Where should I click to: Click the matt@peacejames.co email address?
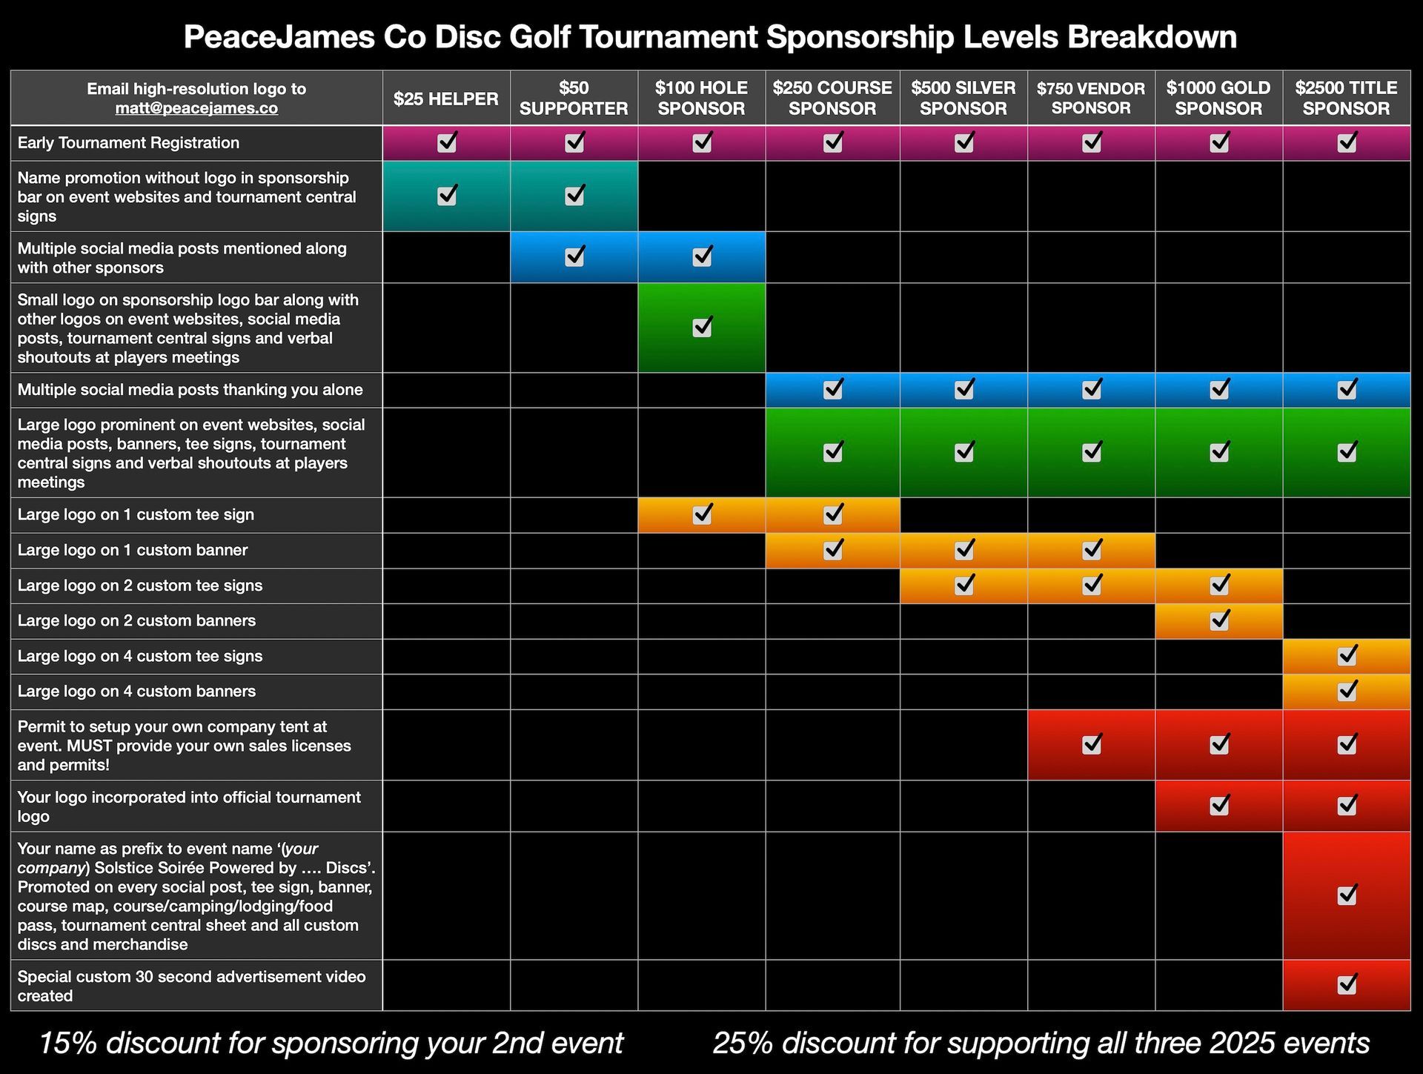point(196,108)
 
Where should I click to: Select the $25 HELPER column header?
point(445,99)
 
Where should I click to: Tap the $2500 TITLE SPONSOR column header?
point(1346,98)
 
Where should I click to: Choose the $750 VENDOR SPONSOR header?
point(1091,98)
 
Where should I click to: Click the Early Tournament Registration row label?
point(128,143)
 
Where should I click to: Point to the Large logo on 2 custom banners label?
point(136,620)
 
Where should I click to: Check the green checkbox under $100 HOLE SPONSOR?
point(702,327)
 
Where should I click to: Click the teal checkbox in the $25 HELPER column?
point(447,196)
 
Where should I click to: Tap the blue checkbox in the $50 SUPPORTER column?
point(574,256)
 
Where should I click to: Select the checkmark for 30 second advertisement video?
point(1347,984)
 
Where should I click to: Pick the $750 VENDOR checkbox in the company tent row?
point(1092,744)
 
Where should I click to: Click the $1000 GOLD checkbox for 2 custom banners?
point(1219,620)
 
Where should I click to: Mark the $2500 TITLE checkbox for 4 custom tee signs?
point(1347,655)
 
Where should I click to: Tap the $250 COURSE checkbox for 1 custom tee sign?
point(833,513)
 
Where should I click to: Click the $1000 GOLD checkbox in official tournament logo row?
point(1219,805)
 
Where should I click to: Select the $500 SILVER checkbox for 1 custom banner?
point(963,549)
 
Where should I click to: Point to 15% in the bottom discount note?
point(68,1043)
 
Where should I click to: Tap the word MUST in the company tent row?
point(91,746)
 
